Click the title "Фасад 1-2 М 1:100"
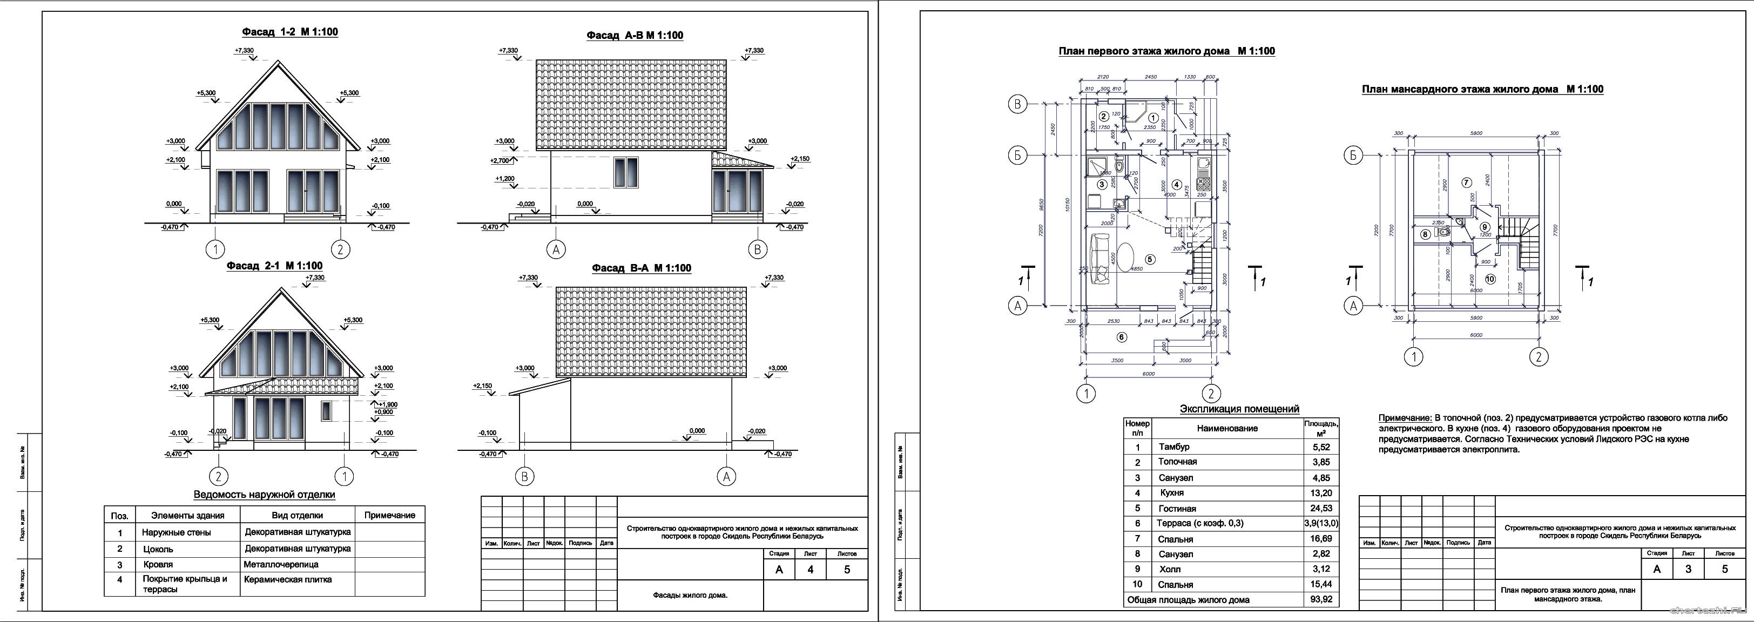pos(289,32)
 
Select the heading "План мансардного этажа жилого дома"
pos(1482,89)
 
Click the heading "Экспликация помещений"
pos(1239,409)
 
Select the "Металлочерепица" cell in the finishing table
pos(280,564)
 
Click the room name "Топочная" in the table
pos(1177,462)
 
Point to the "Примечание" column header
pos(389,515)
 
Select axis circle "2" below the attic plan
pos(1538,356)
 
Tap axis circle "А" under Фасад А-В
pos(556,250)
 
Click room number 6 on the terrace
pos(1122,337)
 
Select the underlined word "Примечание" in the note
pos(1404,418)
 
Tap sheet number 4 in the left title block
pos(810,570)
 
